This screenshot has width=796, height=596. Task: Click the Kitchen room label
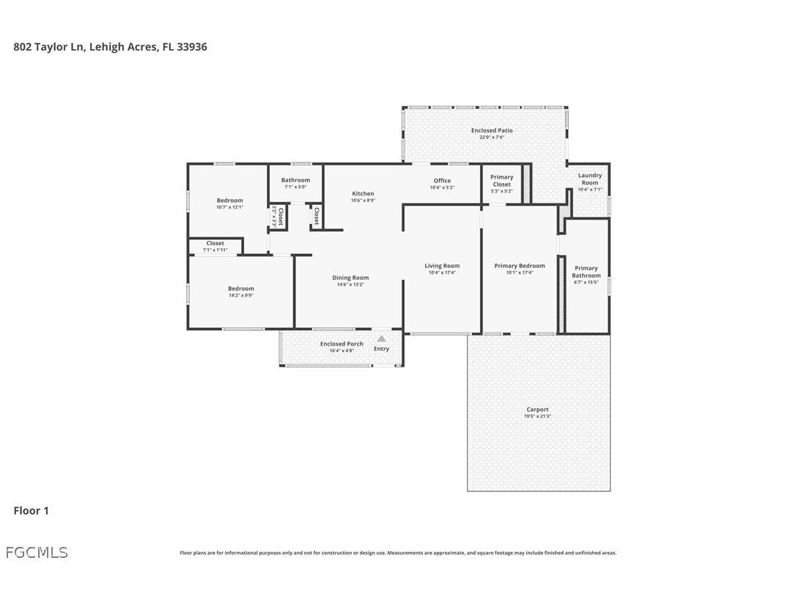pos(363,194)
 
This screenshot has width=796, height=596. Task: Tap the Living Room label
pos(442,266)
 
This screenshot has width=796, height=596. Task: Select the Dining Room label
pos(350,277)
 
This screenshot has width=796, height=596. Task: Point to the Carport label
pos(537,410)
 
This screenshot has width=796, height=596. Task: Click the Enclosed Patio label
pos(492,130)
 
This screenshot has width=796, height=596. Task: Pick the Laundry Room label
pos(590,179)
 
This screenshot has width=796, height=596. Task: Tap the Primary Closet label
pos(502,180)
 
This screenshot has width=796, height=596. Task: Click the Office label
pos(442,181)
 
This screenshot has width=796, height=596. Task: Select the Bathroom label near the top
pos(295,180)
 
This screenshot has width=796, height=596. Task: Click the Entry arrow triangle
pos(381,339)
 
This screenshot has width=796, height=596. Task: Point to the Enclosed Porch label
pos(342,344)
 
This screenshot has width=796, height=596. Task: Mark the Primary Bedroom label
pos(520,266)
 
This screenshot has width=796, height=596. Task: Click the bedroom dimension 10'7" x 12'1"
pos(229,207)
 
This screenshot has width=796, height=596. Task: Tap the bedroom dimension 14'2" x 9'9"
pos(240,296)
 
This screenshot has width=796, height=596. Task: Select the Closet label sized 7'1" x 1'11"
pos(215,244)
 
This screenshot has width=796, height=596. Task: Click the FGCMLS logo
pos(37,552)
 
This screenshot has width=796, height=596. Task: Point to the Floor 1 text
pos(31,510)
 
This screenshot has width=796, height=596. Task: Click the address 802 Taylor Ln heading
pos(110,46)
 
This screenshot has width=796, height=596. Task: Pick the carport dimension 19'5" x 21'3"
pos(537,417)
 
